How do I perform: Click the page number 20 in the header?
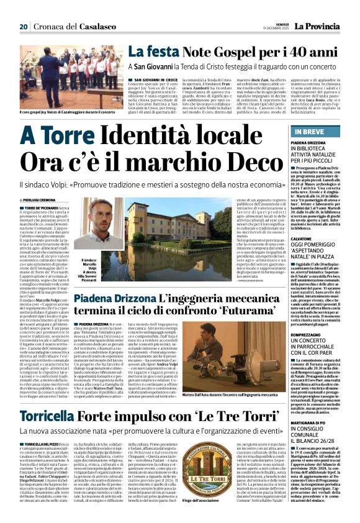point(24,27)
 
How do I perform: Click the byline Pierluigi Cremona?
point(44,199)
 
